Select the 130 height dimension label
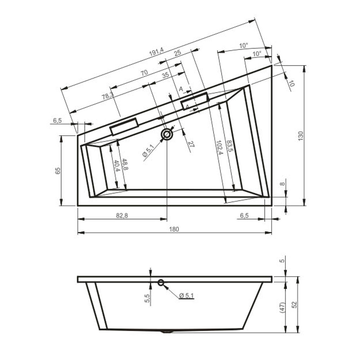point(301,136)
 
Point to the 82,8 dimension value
point(122,216)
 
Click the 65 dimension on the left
point(58,171)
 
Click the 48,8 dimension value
point(125,164)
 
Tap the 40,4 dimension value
point(116,166)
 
